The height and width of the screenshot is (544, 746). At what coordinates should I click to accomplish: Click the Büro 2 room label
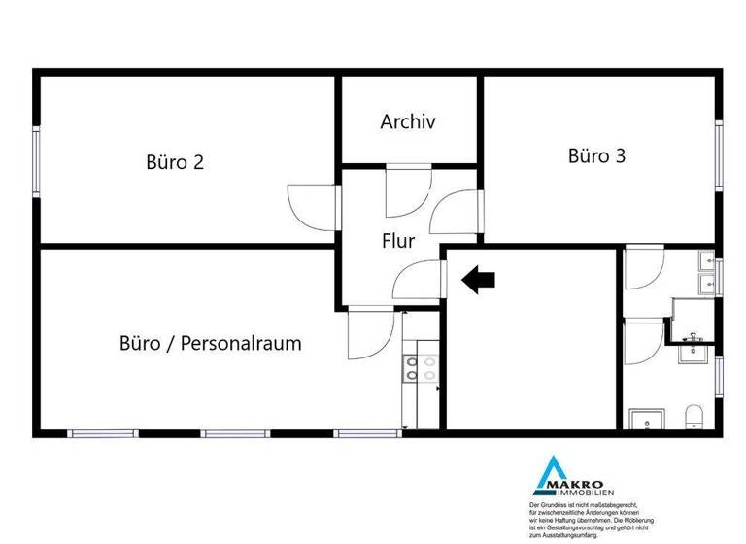[x=175, y=162]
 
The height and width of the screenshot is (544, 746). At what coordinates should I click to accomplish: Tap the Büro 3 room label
[x=596, y=155]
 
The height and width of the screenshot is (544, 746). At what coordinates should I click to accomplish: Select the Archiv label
[x=408, y=122]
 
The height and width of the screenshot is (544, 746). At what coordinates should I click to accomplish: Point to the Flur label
[x=399, y=239]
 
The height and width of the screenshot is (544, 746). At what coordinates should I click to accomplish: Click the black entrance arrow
[x=478, y=281]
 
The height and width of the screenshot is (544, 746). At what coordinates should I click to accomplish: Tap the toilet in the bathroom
[x=694, y=419]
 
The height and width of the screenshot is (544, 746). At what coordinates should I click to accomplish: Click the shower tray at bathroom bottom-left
[x=645, y=419]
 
